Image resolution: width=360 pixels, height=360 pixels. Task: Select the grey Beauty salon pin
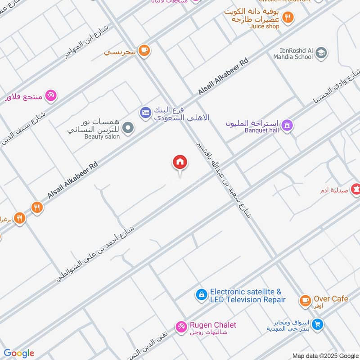click(x=128, y=128)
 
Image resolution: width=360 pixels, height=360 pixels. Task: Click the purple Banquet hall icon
click(x=288, y=126)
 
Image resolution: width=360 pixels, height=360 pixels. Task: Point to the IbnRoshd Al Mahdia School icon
click(x=321, y=53)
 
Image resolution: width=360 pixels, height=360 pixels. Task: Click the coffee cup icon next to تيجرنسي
click(x=144, y=50)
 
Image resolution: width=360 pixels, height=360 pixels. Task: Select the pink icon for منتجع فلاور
click(x=51, y=95)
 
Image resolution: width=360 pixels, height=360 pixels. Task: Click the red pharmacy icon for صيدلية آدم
click(x=356, y=190)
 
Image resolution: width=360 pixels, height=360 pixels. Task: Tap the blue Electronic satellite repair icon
click(x=201, y=295)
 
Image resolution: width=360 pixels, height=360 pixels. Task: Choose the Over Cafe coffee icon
click(x=305, y=300)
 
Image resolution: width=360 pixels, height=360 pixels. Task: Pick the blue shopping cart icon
click(x=318, y=324)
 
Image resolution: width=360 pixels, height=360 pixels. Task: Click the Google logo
click(x=19, y=353)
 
